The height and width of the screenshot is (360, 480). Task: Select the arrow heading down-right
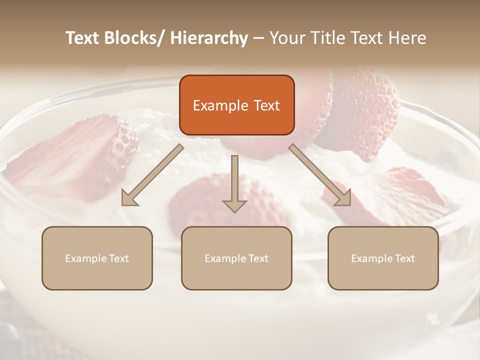pos(321,175)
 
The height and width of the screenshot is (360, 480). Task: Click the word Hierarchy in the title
pos(209,38)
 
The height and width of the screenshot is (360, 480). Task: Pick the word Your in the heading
pos(286,38)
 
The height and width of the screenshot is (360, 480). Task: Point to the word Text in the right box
pos(404,258)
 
